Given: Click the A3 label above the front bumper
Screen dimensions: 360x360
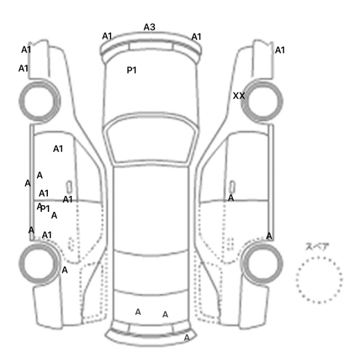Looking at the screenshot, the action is click(150, 27).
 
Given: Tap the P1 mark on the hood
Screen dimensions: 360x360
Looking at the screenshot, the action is click(132, 70).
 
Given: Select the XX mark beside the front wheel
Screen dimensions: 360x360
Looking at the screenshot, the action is click(239, 96).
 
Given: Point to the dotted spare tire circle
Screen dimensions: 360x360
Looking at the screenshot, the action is click(319, 257).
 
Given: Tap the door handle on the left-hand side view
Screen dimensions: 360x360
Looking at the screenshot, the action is click(69, 187).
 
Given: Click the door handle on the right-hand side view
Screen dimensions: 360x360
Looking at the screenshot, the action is click(232, 187).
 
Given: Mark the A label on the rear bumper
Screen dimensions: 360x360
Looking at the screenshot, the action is click(187, 337).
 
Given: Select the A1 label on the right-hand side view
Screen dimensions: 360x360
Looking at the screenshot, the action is click(280, 50).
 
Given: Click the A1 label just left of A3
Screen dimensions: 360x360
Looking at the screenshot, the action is click(107, 36).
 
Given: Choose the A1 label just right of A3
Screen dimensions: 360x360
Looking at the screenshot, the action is click(196, 37).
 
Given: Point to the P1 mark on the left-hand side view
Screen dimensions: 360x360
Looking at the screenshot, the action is click(45, 209).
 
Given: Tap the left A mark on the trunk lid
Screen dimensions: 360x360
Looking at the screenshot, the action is click(138, 312).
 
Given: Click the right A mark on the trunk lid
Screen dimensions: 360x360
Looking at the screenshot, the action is click(165, 314).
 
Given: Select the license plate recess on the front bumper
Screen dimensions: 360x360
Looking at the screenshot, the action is click(151, 46).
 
